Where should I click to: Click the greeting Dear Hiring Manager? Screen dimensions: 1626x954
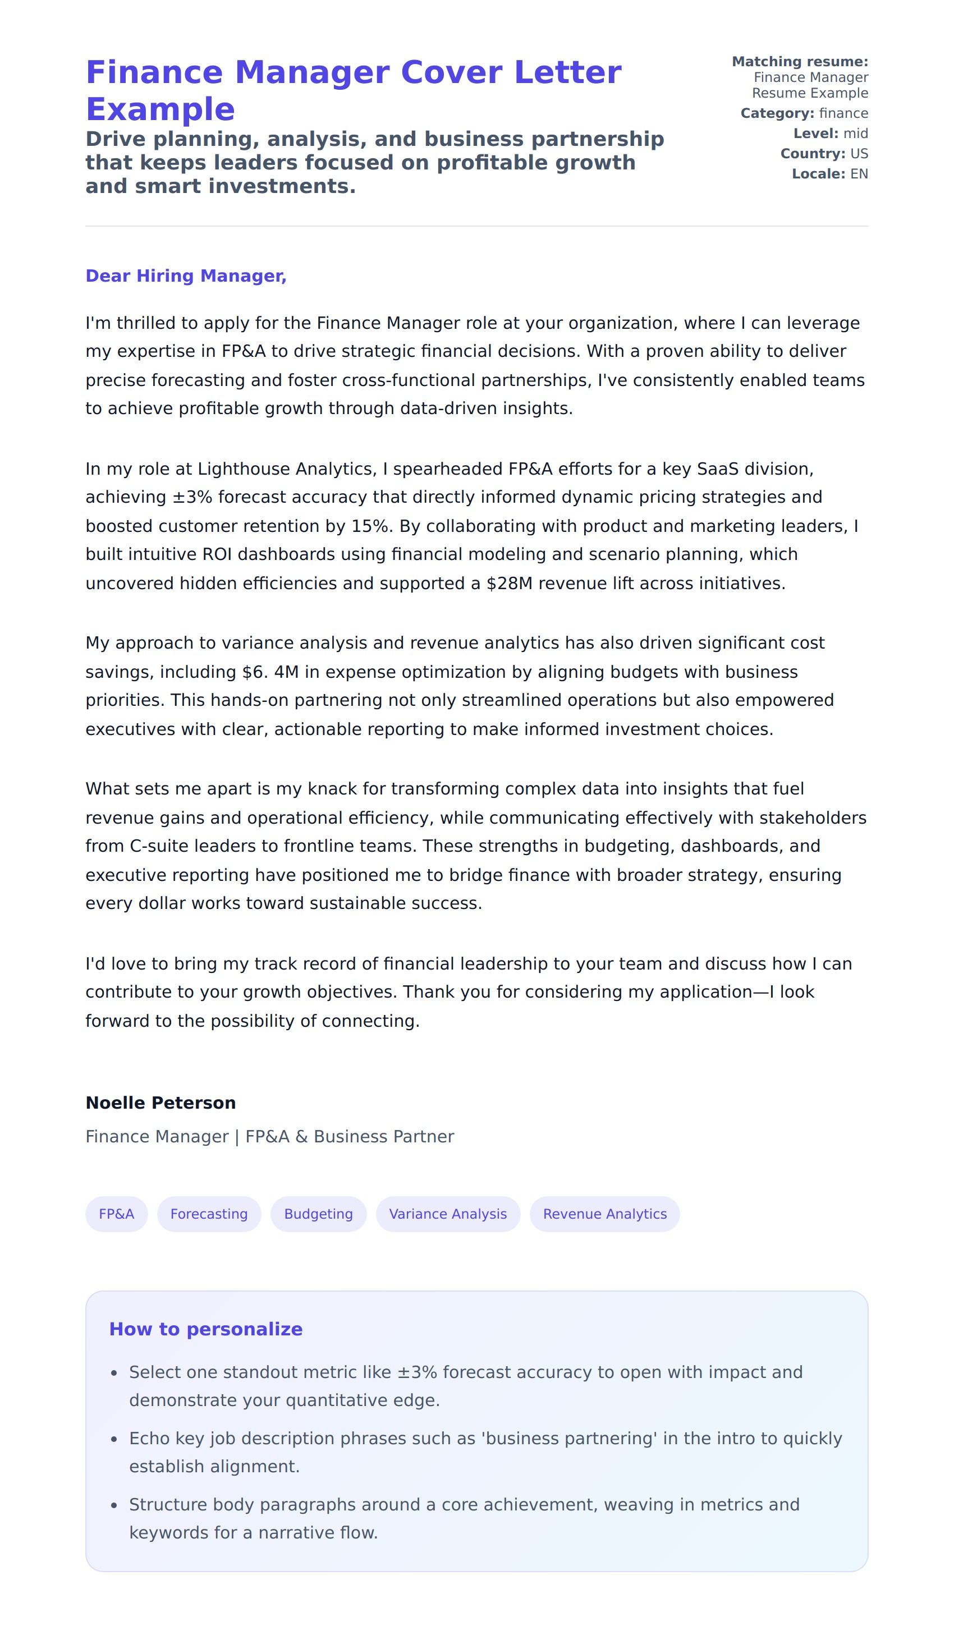click(186, 275)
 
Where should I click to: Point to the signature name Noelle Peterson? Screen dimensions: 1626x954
click(160, 1103)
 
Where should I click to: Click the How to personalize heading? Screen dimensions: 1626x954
click(205, 1329)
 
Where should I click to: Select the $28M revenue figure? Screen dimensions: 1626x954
click(510, 584)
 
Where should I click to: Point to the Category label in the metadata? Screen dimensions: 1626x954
click(777, 113)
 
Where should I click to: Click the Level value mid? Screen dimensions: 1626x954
click(856, 134)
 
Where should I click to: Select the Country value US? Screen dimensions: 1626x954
click(859, 154)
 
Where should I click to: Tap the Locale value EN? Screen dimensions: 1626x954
click(859, 173)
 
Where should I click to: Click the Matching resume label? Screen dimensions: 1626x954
click(800, 62)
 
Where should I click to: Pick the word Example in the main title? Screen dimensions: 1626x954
click(160, 109)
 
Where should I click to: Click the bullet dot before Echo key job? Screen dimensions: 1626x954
click(114, 1440)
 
